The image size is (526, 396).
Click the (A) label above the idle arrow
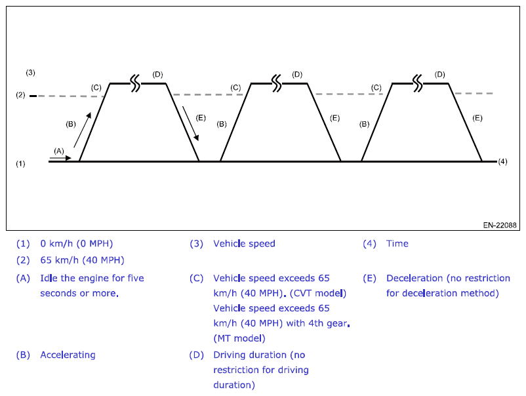point(59,150)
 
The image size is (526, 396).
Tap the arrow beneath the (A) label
point(60,157)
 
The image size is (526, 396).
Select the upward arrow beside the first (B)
point(82,130)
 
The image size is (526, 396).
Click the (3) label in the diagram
point(30,71)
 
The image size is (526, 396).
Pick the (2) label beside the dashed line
point(20,96)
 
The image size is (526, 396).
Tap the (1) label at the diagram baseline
point(20,163)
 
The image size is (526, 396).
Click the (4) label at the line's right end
point(503,161)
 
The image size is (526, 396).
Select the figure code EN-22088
point(500,225)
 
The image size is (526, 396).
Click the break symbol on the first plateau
point(135,83)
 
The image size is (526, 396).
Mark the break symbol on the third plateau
point(418,83)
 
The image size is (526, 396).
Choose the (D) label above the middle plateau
point(298,74)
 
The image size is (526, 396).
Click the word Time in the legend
point(397,244)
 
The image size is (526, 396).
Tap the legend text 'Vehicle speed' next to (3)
point(244,244)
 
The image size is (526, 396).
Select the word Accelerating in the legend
point(68,355)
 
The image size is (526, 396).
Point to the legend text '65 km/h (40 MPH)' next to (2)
point(82,260)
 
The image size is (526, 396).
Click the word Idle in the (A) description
point(49,278)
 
